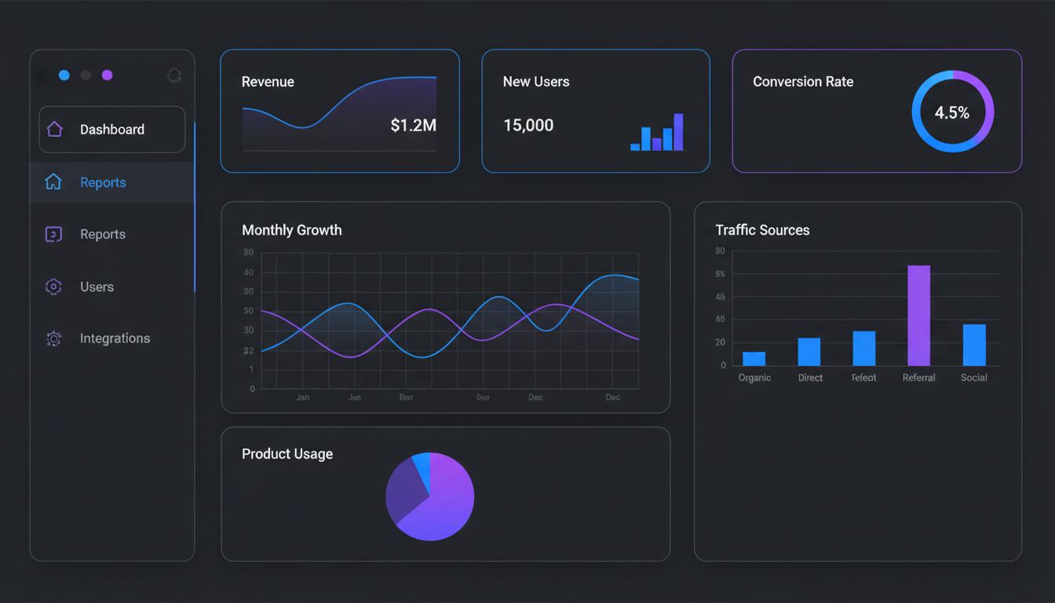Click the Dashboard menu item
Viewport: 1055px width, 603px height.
click(111, 130)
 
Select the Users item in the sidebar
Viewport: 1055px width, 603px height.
click(97, 287)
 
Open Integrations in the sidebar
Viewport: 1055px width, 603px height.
click(115, 338)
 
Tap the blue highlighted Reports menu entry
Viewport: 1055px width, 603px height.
click(103, 182)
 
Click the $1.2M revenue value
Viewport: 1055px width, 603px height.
click(413, 125)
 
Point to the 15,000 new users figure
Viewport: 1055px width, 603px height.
click(528, 125)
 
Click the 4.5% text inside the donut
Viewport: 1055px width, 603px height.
click(952, 112)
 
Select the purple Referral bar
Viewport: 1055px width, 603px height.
click(918, 315)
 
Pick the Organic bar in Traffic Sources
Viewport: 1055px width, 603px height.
click(754, 358)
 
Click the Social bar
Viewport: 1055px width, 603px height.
click(974, 345)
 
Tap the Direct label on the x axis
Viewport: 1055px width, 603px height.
click(810, 378)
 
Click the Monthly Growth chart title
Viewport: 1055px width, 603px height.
click(292, 230)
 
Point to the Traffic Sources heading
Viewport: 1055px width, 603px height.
click(762, 230)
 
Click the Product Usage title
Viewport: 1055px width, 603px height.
click(287, 454)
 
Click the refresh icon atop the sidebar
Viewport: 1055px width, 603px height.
click(174, 75)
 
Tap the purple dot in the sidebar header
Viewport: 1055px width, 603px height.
click(107, 75)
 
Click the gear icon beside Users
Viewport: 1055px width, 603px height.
click(53, 287)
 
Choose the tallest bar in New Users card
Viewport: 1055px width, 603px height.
click(678, 132)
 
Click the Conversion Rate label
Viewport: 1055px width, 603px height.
click(803, 82)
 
